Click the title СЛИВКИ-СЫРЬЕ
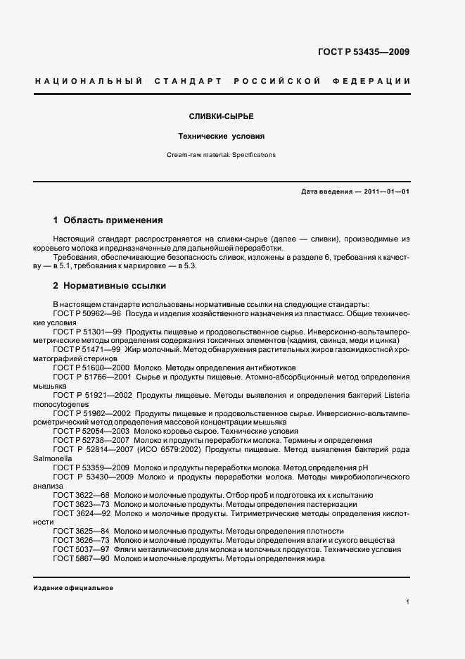[222, 115]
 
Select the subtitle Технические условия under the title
[222, 136]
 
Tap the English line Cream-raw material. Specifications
[222, 155]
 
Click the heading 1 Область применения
[108, 220]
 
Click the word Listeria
[395, 395]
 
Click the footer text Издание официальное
[73, 587]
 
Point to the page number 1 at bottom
[407, 602]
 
